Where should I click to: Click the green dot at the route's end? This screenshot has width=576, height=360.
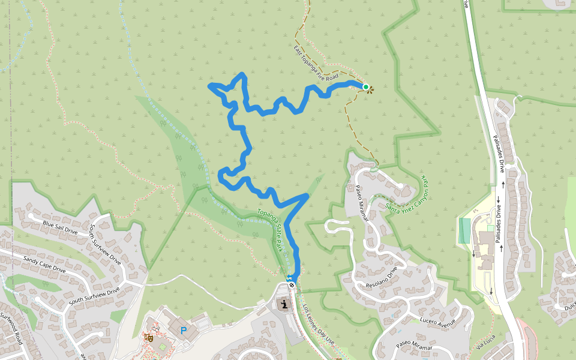365,87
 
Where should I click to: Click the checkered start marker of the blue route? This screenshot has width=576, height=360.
292,285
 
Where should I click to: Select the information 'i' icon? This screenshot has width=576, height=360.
284,304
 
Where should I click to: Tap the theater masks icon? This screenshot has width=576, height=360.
149,338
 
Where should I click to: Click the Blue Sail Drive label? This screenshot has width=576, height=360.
60,227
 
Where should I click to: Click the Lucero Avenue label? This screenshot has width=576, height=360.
439,322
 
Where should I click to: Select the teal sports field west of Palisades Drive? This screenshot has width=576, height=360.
464,230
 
